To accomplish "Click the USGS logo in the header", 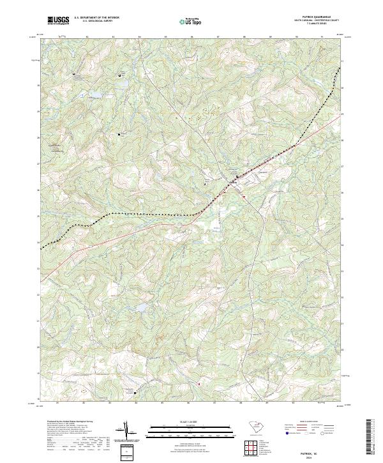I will [58, 21].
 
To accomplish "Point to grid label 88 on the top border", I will [244, 37].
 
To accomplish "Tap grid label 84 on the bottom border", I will [136, 403].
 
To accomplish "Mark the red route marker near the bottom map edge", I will [199, 384].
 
